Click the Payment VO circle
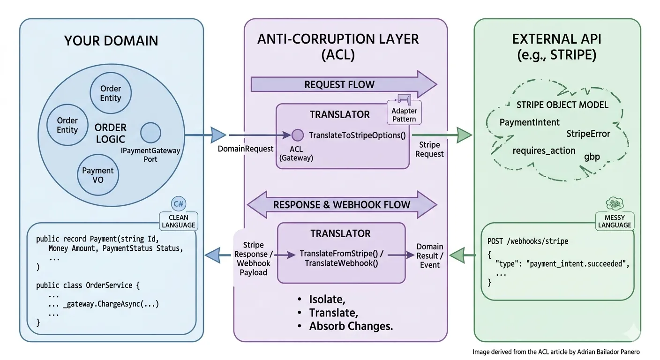(x=97, y=175)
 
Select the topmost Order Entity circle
(x=111, y=93)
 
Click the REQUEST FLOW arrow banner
(x=339, y=85)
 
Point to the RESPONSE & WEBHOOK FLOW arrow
(x=342, y=205)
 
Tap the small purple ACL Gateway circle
(x=297, y=135)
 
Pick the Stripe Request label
(x=429, y=149)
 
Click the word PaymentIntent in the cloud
(x=529, y=122)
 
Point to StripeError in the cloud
(x=588, y=134)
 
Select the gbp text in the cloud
(x=592, y=157)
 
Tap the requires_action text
(x=544, y=150)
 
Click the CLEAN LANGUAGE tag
(x=178, y=220)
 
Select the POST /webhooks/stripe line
(x=528, y=241)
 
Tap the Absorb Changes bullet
(x=351, y=326)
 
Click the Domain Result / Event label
(x=429, y=255)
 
